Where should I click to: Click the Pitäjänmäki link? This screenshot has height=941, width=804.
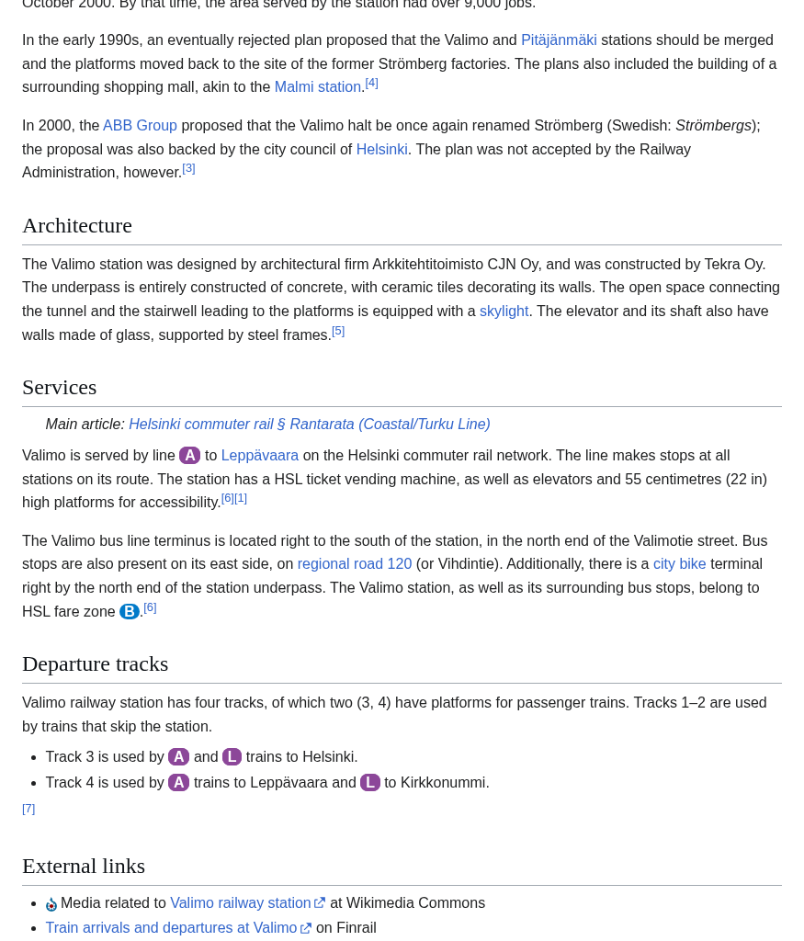click(x=559, y=40)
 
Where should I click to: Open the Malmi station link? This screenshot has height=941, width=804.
click(x=317, y=87)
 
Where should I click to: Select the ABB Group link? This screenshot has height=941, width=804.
click(x=140, y=126)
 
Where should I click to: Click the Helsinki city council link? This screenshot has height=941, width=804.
click(x=381, y=150)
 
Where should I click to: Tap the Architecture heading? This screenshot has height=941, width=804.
click(x=77, y=225)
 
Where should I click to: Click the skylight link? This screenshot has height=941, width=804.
click(x=504, y=312)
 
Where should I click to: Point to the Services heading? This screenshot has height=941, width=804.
click(x=60, y=387)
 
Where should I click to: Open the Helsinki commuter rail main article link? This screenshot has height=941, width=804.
click(x=309, y=425)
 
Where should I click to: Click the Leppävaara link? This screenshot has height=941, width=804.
click(x=259, y=456)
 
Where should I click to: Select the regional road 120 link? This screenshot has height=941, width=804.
click(x=354, y=564)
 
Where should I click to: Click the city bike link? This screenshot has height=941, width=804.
click(x=679, y=564)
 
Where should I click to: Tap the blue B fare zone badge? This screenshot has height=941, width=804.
click(x=130, y=612)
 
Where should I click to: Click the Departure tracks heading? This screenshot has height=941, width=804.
click(x=96, y=663)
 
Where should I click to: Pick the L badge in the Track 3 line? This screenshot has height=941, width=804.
click(x=232, y=757)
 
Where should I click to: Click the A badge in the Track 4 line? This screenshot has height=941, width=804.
click(x=178, y=783)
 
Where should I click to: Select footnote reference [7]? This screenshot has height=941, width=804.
click(x=28, y=809)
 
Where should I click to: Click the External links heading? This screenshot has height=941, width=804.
click(x=84, y=866)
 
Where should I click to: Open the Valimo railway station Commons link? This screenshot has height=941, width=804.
click(x=241, y=903)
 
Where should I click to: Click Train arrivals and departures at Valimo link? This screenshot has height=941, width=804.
click(x=171, y=928)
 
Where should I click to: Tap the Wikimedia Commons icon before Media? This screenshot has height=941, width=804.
click(x=51, y=904)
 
